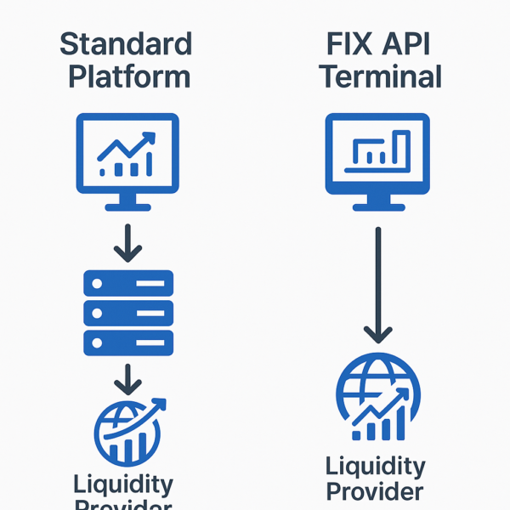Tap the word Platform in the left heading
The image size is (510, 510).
(128, 76)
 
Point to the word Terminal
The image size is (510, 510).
(379, 76)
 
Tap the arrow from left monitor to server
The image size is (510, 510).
(128, 242)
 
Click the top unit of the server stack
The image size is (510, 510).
(128, 282)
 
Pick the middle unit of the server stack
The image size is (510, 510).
(128, 312)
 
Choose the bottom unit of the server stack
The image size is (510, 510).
(128, 342)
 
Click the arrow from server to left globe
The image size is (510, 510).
(128, 379)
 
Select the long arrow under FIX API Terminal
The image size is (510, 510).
(378, 285)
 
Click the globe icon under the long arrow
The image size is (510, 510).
(378, 398)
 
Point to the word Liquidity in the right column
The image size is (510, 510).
(376, 467)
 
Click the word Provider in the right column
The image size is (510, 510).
(376, 492)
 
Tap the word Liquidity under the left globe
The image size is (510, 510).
(124, 484)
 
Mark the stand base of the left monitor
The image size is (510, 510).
(128, 205)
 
